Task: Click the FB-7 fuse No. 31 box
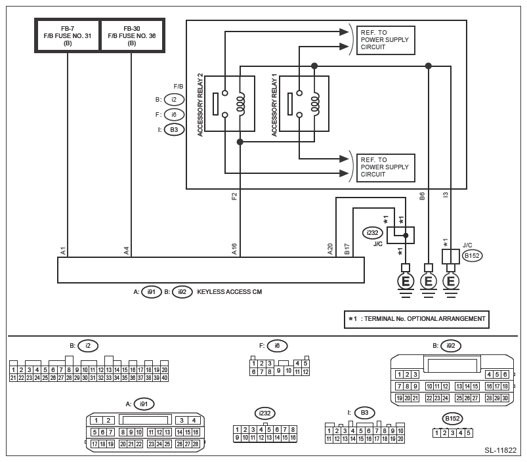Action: [68, 35]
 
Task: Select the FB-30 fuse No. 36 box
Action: [131, 35]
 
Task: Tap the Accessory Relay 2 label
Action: [200, 105]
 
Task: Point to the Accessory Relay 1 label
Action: [274, 105]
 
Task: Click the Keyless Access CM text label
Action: [229, 292]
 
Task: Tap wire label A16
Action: [234, 249]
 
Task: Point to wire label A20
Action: [330, 249]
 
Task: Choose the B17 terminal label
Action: [347, 249]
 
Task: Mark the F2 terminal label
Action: [234, 196]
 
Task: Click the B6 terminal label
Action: [422, 196]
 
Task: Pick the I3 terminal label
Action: [446, 196]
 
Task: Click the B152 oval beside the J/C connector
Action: [472, 256]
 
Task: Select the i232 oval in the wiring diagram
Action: [373, 232]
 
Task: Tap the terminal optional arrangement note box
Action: [417, 319]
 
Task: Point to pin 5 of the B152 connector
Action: [469, 433]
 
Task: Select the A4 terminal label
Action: [127, 250]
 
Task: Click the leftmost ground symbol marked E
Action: [406, 281]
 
